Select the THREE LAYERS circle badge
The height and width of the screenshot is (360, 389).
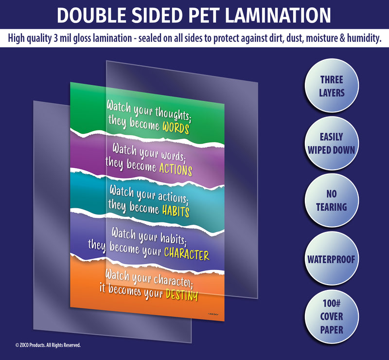(332, 86)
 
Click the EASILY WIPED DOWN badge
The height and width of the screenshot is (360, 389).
(332, 144)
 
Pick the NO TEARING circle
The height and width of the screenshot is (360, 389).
(332, 200)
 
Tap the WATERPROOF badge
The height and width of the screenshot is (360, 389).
(332, 258)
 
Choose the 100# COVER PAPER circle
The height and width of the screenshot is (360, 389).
(332, 316)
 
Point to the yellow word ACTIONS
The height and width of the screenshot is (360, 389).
(176, 169)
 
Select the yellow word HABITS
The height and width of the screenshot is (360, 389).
(176, 212)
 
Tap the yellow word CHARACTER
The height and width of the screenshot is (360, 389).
(186, 253)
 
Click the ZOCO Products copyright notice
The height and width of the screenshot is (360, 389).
(48, 345)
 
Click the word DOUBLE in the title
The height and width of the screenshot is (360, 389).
(87, 16)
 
